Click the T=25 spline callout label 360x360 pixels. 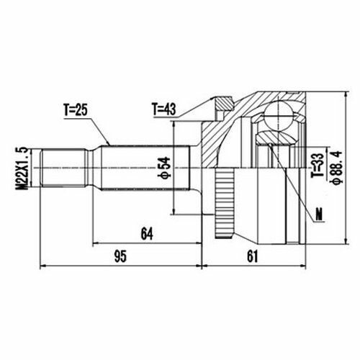click(75, 110)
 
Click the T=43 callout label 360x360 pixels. click(164, 109)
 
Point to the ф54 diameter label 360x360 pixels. click(164, 168)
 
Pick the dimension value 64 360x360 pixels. click(147, 234)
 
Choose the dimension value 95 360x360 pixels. click(120, 256)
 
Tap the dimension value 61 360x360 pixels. click(252, 256)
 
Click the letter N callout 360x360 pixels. click(319, 214)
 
